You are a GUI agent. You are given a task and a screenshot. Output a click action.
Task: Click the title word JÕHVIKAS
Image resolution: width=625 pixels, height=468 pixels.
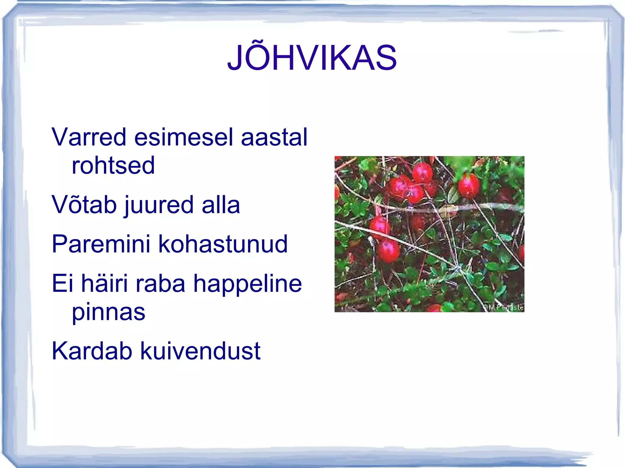coord(312,58)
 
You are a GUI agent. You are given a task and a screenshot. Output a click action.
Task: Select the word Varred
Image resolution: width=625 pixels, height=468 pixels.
coord(89,137)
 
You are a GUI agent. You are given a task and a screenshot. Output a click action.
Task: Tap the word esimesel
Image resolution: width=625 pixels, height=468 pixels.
coord(183,137)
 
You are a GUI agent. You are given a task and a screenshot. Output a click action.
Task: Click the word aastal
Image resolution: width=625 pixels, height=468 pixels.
coord(274,137)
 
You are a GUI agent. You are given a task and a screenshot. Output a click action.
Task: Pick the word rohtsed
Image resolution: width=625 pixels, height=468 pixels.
coord(113,166)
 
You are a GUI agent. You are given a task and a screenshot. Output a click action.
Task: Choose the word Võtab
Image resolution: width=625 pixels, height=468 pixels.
coord(84,205)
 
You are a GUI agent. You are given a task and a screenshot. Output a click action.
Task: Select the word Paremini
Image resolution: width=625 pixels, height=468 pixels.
coord(101,244)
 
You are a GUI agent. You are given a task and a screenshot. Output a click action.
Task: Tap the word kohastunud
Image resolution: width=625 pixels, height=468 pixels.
coord(223,244)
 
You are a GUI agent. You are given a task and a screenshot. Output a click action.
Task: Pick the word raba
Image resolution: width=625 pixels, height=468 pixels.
coord(161,283)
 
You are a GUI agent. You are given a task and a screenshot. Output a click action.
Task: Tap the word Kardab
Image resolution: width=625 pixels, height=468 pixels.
coord(92,351)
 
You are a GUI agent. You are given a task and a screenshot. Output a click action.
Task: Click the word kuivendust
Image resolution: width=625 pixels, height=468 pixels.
coord(200,351)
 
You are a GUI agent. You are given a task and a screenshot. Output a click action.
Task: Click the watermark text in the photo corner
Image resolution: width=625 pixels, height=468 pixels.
coord(505,308)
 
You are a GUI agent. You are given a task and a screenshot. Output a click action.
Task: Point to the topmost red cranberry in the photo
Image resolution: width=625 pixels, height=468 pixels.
coord(422,172)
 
